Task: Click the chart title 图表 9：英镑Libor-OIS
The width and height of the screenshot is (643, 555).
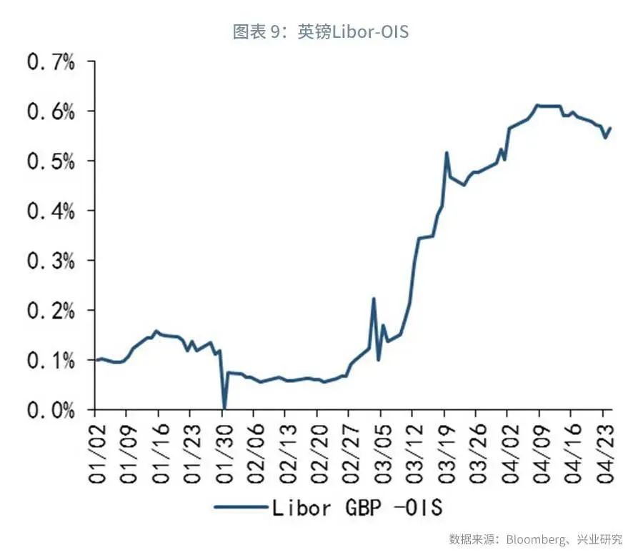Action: tap(321, 31)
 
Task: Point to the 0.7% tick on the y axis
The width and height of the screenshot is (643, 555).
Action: tap(51, 61)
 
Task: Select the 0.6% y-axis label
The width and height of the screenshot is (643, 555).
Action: tap(51, 111)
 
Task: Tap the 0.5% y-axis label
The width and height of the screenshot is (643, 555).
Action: tap(51, 161)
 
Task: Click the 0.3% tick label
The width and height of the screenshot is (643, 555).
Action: tap(51, 261)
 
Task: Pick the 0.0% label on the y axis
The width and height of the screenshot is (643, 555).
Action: tap(51, 410)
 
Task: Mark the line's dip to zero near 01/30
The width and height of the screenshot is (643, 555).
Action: tap(224, 408)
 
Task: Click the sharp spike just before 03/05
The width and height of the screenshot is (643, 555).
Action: tap(374, 299)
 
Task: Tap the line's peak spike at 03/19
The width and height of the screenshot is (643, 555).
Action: tap(447, 152)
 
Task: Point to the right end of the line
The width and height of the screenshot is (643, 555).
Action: tap(611, 128)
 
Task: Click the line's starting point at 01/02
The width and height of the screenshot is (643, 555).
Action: tap(96, 360)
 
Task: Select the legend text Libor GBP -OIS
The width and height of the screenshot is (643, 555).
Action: tap(357, 508)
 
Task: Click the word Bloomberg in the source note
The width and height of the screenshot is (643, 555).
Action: tap(536, 539)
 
